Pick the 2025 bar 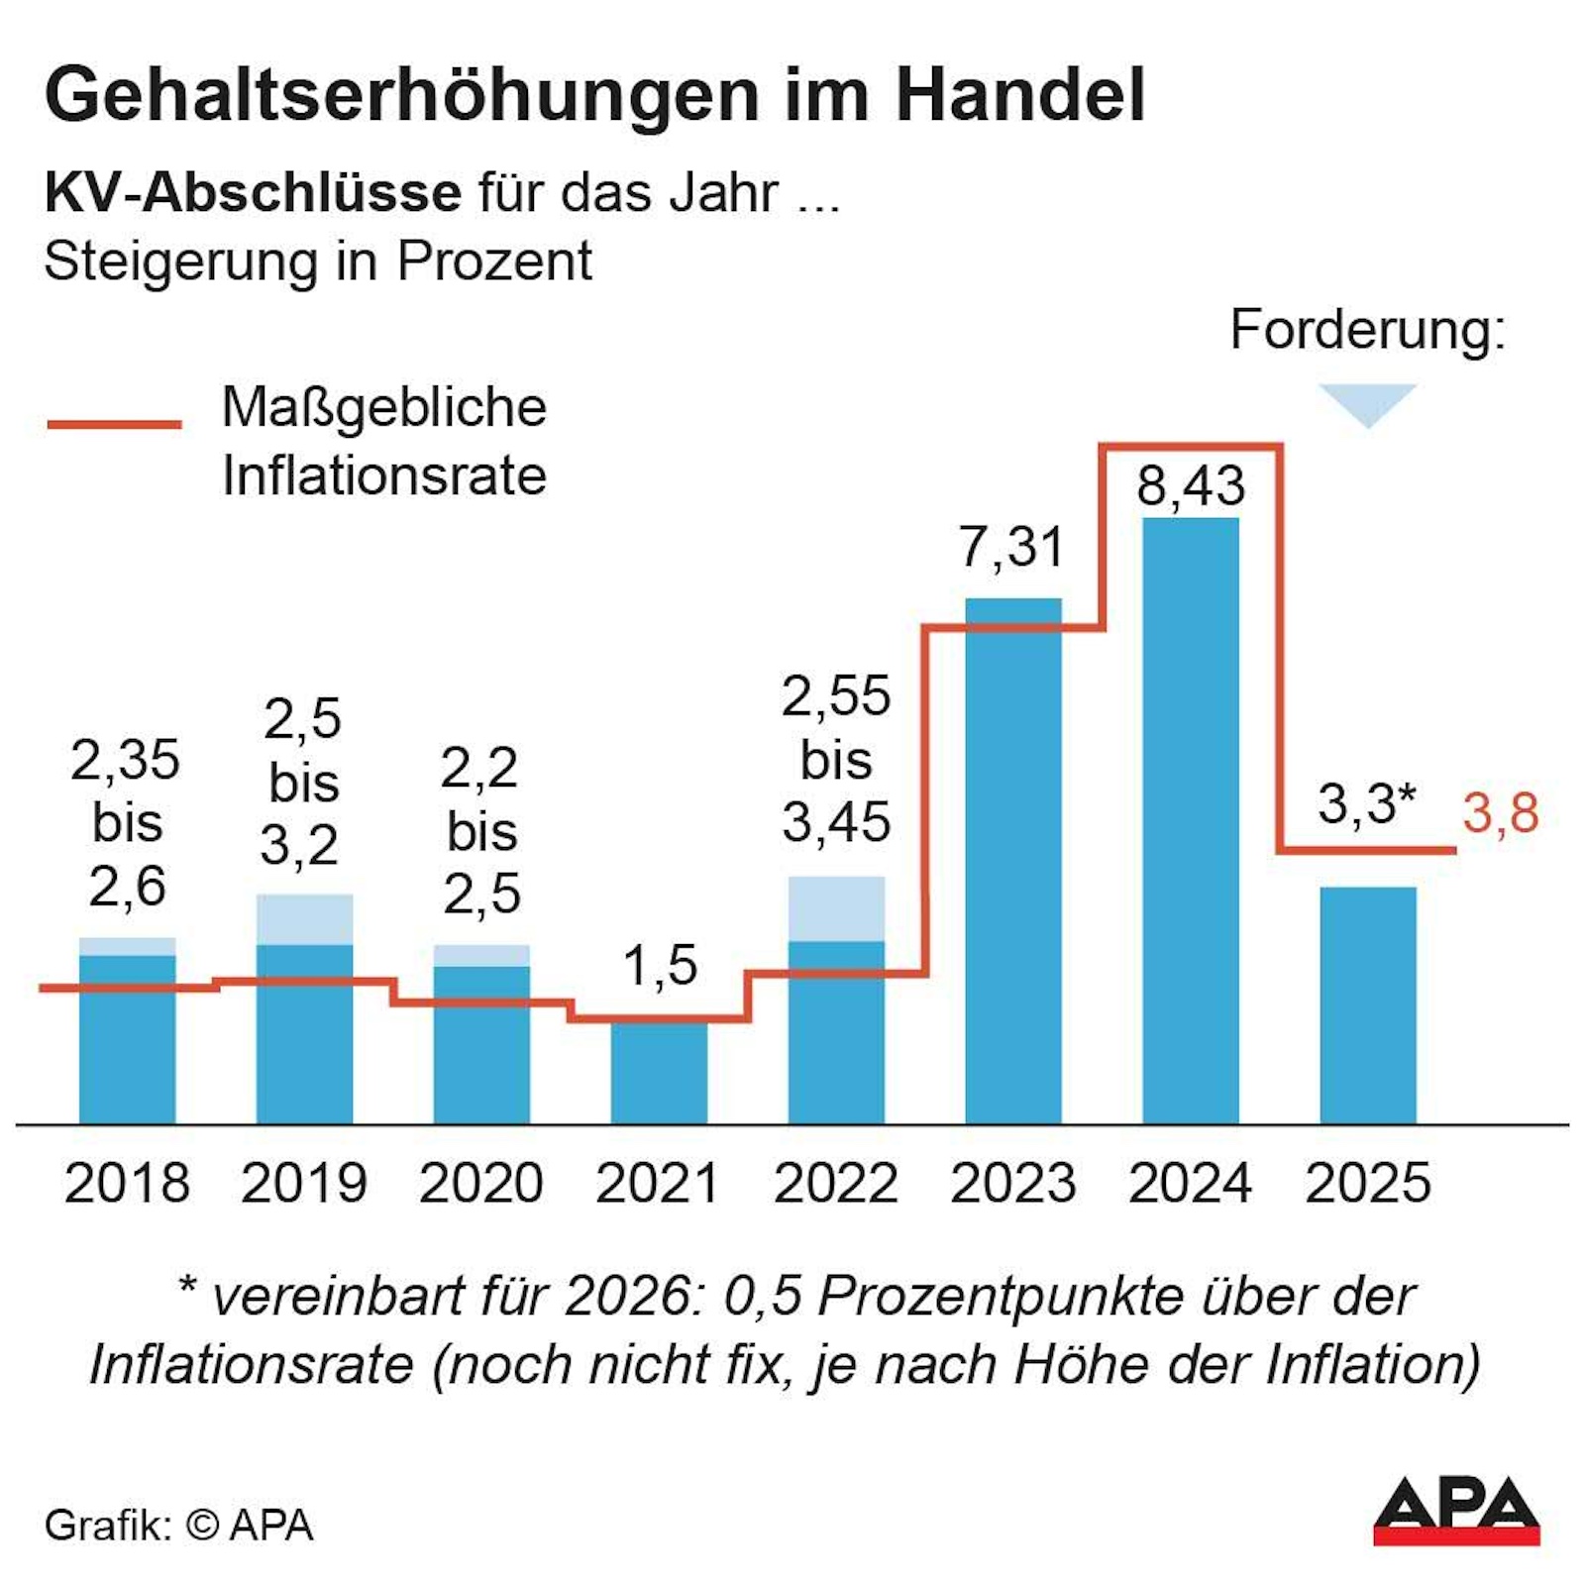click(x=1367, y=1004)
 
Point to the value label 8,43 click(x=1190, y=486)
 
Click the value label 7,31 click(x=1011, y=548)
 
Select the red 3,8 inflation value click(x=1500, y=813)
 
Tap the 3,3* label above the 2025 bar click(x=1366, y=803)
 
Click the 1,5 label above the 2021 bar click(x=660, y=965)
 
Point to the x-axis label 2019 click(x=304, y=1183)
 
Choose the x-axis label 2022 click(x=836, y=1183)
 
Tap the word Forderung click(x=1366, y=330)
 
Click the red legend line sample click(x=114, y=424)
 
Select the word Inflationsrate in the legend click(x=384, y=476)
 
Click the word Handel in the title click(x=1020, y=95)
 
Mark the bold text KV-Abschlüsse click(x=253, y=192)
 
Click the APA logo click(x=1455, y=1511)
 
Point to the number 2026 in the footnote click(x=628, y=1296)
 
